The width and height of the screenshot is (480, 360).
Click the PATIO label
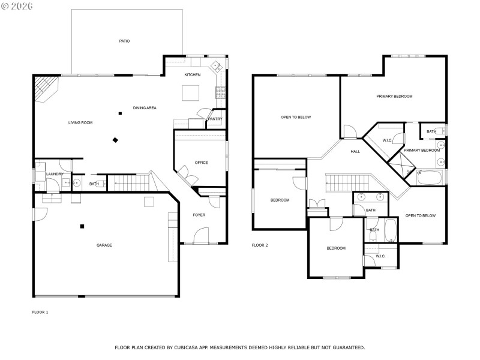pos(124,41)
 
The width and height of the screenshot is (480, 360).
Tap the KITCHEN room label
pos(192,75)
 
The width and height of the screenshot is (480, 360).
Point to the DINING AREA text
pos(145,108)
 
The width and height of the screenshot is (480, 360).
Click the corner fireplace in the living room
pos(44,88)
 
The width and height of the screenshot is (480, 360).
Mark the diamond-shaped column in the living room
pos(115,140)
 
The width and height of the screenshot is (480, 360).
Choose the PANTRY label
pos(215,119)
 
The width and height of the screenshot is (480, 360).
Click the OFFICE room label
pos(201,163)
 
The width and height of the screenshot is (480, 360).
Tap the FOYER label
pos(199,215)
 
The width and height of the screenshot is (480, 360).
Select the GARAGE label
pos(104,245)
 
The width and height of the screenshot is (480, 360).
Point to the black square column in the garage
pos(82,226)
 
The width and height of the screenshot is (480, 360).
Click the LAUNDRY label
pos(55,175)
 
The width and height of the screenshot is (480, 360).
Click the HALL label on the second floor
pos(355,151)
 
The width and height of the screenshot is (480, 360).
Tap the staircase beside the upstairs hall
pos(347,182)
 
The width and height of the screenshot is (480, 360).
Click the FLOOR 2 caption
pos(260,245)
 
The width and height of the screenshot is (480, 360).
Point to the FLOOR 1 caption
pos(40,312)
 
